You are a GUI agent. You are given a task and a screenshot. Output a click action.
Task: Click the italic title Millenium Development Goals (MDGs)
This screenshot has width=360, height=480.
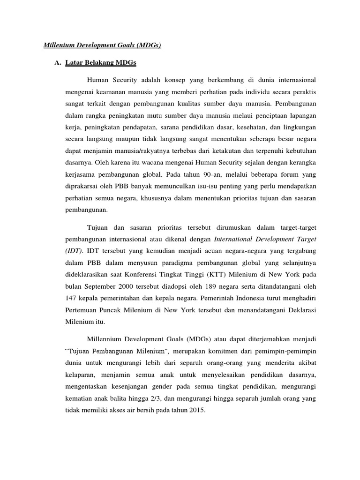click(x=102, y=45)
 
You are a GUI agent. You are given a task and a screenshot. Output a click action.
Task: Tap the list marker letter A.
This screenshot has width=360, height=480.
click(x=58, y=63)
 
